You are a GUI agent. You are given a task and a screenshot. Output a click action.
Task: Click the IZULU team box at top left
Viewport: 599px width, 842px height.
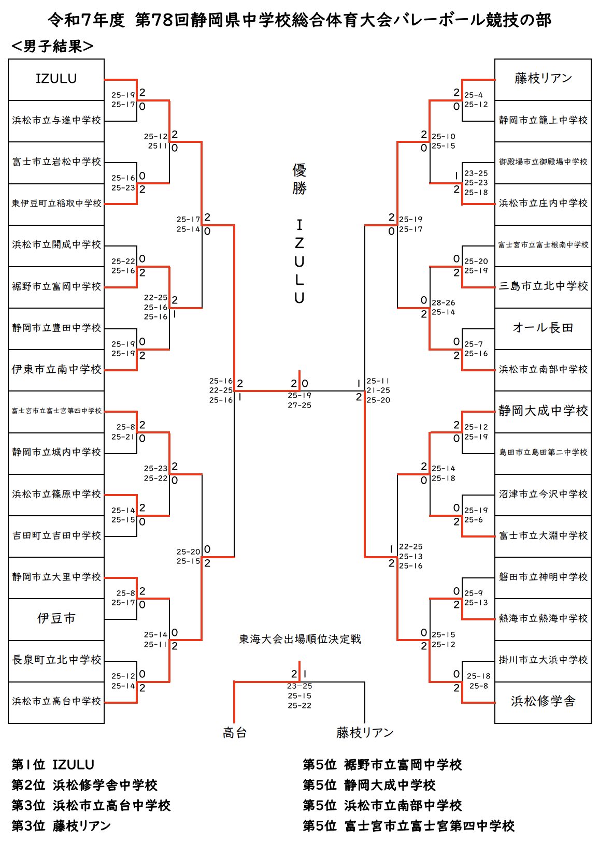pyautogui.click(x=56, y=79)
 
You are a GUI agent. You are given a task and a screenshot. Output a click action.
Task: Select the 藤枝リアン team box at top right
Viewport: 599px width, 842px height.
pyautogui.click(x=543, y=79)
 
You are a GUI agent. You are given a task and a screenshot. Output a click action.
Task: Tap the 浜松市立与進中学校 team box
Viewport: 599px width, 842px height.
pyautogui.click(x=56, y=120)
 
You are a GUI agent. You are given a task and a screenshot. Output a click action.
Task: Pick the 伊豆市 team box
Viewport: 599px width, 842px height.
pyautogui.click(x=56, y=618)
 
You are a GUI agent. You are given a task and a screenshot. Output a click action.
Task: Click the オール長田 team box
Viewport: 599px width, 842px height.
pyautogui.click(x=543, y=328)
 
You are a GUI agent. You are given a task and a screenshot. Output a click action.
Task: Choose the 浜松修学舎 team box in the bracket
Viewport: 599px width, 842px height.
pyautogui.click(x=543, y=701)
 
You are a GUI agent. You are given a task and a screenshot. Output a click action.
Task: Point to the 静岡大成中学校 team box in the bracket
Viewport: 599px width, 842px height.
pyautogui.click(x=543, y=411)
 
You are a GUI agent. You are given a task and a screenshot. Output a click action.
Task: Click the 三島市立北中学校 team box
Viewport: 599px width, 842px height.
pyautogui.click(x=543, y=286)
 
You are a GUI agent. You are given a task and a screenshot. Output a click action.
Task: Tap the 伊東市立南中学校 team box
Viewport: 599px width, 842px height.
pyautogui.click(x=56, y=369)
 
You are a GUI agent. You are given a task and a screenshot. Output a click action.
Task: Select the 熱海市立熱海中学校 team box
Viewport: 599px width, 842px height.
pyautogui.click(x=543, y=618)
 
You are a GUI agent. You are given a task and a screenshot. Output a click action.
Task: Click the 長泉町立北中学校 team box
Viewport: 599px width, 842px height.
pyautogui.click(x=56, y=660)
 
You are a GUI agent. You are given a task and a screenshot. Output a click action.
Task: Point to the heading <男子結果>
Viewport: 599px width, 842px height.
pyautogui.click(x=52, y=47)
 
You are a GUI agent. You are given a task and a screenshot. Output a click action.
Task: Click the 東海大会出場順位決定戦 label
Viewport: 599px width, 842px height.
pyautogui.click(x=299, y=640)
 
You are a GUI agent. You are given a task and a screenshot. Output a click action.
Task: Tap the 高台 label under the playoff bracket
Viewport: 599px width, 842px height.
pyautogui.click(x=235, y=733)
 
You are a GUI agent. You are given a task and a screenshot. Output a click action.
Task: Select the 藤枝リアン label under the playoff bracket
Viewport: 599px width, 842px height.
pyautogui.click(x=365, y=733)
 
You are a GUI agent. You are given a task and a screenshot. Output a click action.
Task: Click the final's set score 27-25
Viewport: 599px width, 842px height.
pyautogui.click(x=299, y=405)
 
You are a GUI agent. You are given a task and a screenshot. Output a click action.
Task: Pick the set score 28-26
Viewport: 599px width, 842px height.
pyautogui.click(x=443, y=302)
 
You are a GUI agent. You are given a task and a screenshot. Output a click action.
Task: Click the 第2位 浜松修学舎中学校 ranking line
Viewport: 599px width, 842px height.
pyautogui.click(x=84, y=785)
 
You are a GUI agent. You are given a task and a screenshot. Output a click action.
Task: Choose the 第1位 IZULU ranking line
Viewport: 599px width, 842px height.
pyautogui.click(x=53, y=765)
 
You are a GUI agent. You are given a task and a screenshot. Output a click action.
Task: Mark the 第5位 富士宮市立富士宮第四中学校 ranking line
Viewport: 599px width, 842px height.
pyautogui.click(x=408, y=826)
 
